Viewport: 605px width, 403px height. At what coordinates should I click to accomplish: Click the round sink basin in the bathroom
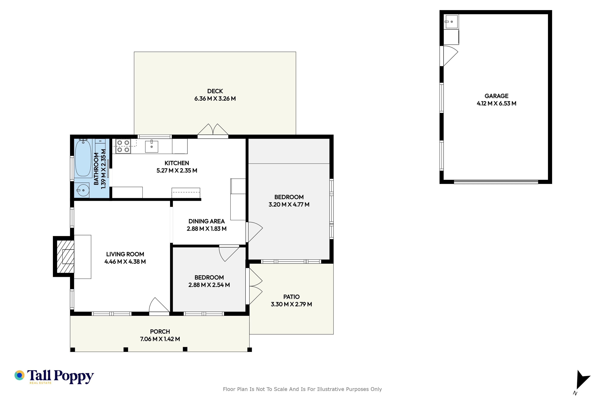[83, 190]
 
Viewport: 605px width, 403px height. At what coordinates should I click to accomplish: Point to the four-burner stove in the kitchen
[123, 146]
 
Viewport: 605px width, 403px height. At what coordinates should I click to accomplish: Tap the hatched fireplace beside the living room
[65, 256]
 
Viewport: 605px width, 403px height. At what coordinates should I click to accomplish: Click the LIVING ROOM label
[125, 254]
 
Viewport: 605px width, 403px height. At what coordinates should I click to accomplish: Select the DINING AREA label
[207, 221]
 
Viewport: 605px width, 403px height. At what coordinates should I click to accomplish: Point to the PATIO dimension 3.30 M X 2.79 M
[291, 304]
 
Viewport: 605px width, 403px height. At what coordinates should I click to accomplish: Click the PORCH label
[160, 332]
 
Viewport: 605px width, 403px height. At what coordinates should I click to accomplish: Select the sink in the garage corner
[451, 22]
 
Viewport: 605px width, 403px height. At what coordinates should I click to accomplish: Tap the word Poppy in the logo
[74, 377]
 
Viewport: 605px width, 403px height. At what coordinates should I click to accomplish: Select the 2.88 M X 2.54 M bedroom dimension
[209, 285]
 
